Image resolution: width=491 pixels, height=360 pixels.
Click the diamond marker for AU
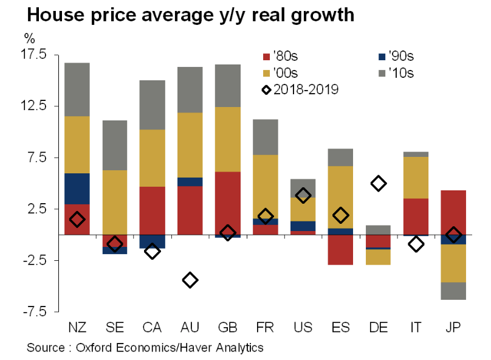[x=190, y=280]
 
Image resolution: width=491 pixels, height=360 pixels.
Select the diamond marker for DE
[x=379, y=183]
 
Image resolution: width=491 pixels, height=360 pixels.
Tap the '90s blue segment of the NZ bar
[x=77, y=189]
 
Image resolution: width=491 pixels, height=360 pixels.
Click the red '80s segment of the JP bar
[x=453, y=212]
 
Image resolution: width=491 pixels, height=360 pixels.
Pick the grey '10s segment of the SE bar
[x=115, y=145]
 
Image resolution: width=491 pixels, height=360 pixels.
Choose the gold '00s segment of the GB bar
[x=227, y=139]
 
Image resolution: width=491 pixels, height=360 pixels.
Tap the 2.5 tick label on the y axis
[x=37, y=209]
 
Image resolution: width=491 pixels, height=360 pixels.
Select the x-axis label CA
[x=153, y=328]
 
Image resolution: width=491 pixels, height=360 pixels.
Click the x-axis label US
[x=303, y=328]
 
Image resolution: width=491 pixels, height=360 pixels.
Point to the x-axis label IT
[x=416, y=328]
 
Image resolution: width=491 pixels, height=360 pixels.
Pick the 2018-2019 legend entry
[x=301, y=89]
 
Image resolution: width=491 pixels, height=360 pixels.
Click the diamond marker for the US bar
[x=303, y=195]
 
